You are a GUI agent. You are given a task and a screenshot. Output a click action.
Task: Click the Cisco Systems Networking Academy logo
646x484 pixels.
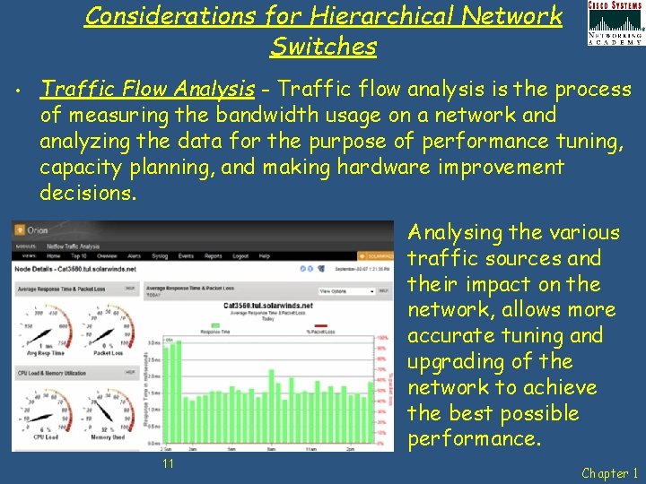(615, 23)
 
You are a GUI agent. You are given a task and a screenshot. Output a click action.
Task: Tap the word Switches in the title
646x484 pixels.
(323, 46)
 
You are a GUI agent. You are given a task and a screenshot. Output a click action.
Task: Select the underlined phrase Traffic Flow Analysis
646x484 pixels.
(148, 89)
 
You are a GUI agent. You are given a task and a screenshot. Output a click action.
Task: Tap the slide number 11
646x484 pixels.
(168, 462)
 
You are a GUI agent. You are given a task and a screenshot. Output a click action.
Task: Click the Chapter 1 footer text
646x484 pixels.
(610, 473)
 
